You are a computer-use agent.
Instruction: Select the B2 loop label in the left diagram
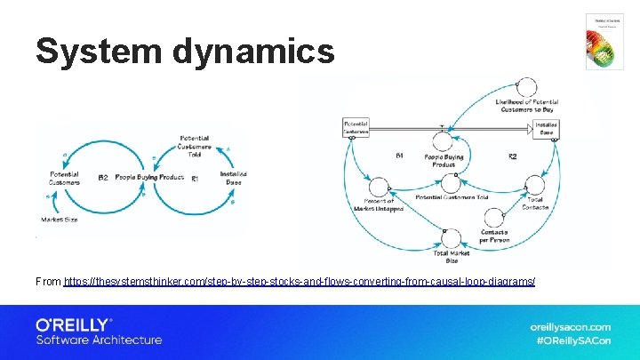[x=103, y=178]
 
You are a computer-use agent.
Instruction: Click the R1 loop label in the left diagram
[x=196, y=179]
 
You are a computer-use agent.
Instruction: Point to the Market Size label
[x=60, y=219]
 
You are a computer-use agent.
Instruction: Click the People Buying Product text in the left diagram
[x=149, y=178]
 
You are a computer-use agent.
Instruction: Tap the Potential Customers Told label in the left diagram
[x=194, y=146]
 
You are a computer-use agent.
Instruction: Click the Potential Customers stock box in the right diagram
[x=355, y=127]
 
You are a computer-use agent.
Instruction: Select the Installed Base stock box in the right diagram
[x=546, y=129]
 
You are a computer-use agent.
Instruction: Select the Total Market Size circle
[x=452, y=237]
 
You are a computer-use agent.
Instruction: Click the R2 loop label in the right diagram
[x=512, y=157]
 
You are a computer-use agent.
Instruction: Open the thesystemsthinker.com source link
[x=300, y=282]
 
